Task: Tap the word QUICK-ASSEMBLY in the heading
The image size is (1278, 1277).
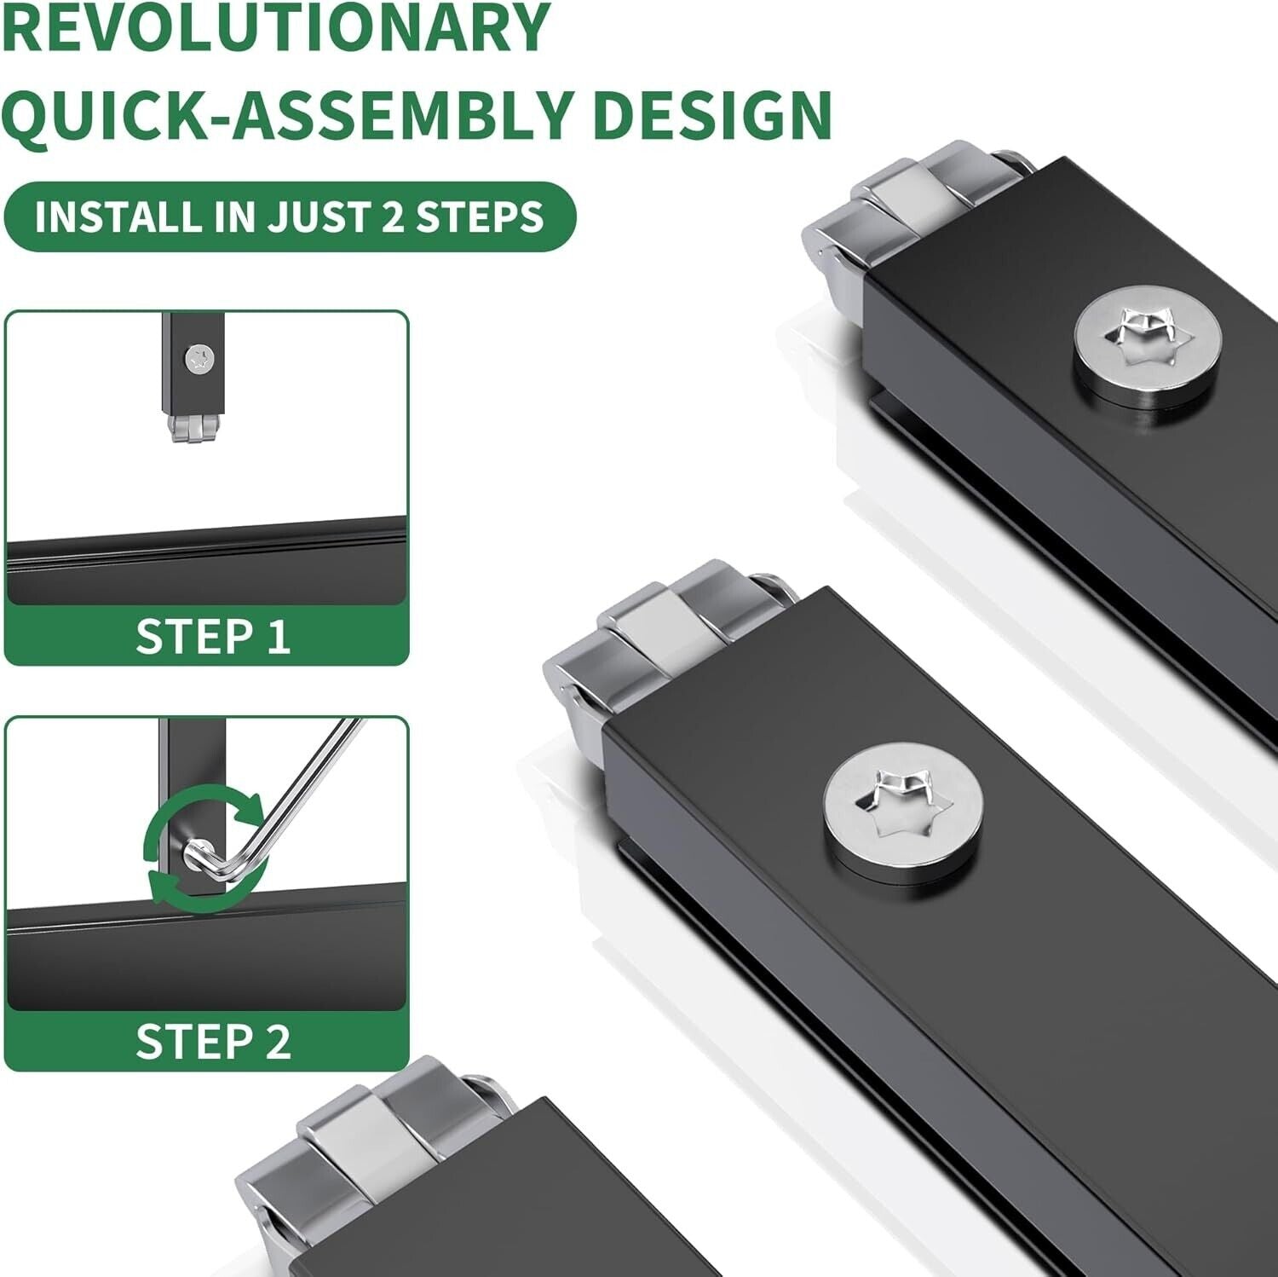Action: click(x=286, y=115)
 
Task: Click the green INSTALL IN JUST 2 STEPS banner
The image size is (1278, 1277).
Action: click(x=290, y=217)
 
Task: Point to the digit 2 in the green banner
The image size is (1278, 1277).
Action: click(x=392, y=217)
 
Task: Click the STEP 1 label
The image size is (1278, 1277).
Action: click(x=213, y=636)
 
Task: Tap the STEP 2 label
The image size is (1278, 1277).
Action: click(x=213, y=1042)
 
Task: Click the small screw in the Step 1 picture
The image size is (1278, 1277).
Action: click(x=199, y=359)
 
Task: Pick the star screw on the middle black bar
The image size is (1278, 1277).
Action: click(x=903, y=803)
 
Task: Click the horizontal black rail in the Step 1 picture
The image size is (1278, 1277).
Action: click(x=206, y=558)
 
